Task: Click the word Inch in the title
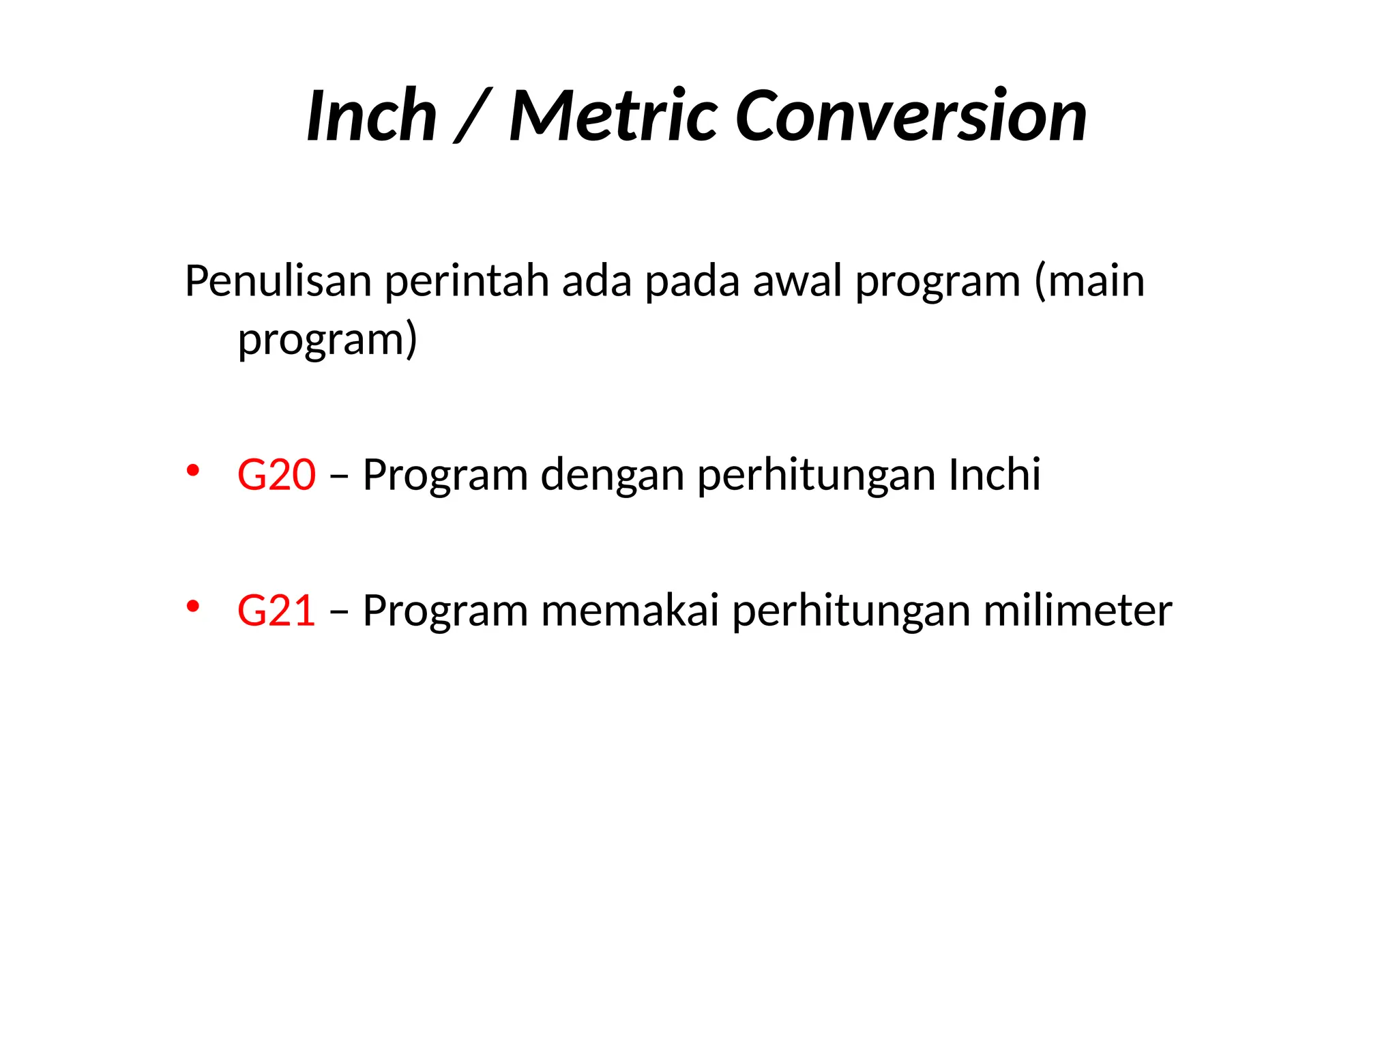(x=372, y=117)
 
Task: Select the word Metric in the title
(x=613, y=117)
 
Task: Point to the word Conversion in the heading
(x=911, y=117)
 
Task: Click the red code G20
(x=276, y=475)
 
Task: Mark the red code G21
(x=276, y=611)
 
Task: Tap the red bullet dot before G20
(x=193, y=470)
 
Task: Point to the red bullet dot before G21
(x=193, y=606)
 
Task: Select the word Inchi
(x=995, y=475)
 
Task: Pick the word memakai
(x=630, y=611)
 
